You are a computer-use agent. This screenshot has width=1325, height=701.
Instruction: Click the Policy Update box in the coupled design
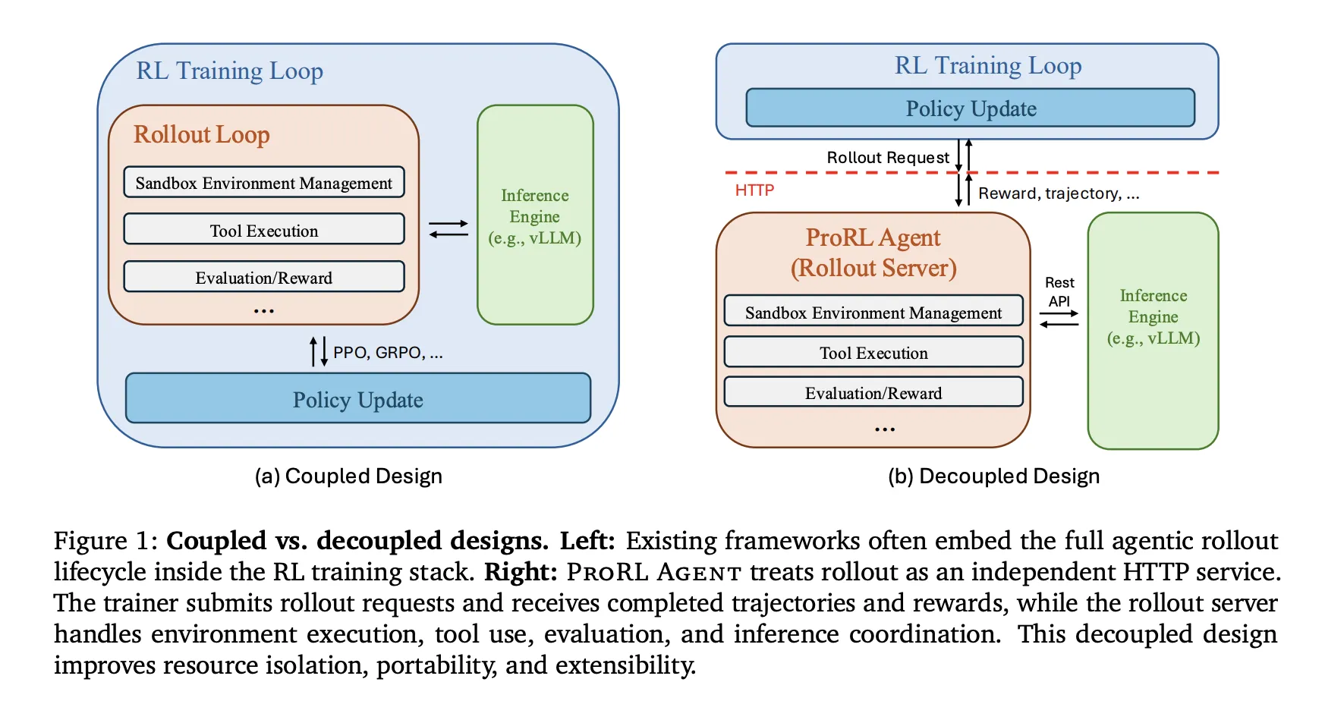click(x=357, y=398)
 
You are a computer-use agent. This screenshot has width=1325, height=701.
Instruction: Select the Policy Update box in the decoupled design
click(x=970, y=108)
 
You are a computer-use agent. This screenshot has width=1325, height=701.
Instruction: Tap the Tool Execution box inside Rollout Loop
click(x=263, y=230)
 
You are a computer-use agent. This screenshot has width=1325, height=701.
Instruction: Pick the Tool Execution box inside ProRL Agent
click(x=873, y=353)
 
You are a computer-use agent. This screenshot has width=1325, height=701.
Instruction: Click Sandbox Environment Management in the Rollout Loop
click(x=263, y=183)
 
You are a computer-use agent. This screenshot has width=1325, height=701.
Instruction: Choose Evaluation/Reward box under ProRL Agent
click(x=873, y=393)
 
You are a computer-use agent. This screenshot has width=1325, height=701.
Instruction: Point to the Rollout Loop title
click(x=201, y=134)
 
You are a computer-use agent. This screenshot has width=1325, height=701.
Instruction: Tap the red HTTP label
click(x=754, y=190)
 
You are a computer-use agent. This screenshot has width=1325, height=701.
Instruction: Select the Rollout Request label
click(x=887, y=158)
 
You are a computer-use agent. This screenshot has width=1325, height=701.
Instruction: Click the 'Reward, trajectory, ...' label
click(x=1058, y=193)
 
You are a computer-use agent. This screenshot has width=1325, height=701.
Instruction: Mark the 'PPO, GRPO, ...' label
click(x=387, y=353)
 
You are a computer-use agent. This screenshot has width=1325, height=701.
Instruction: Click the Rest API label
click(x=1059, y=292)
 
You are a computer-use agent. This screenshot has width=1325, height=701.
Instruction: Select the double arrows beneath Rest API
click(x=1059, y=319)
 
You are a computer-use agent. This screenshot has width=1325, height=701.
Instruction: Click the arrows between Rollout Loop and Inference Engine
click(x=448, y=228)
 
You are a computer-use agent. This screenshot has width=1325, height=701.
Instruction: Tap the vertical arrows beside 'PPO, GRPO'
click(x=319, y=352)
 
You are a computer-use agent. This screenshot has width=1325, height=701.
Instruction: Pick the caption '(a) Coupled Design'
click(x=348, y=476)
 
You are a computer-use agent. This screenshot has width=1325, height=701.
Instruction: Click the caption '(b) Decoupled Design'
click(x=993, y=476)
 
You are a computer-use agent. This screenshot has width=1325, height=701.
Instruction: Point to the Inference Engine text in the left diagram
click(x=534, y=216)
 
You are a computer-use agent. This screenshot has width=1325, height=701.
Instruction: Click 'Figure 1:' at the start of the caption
click(x=105, y=541)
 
